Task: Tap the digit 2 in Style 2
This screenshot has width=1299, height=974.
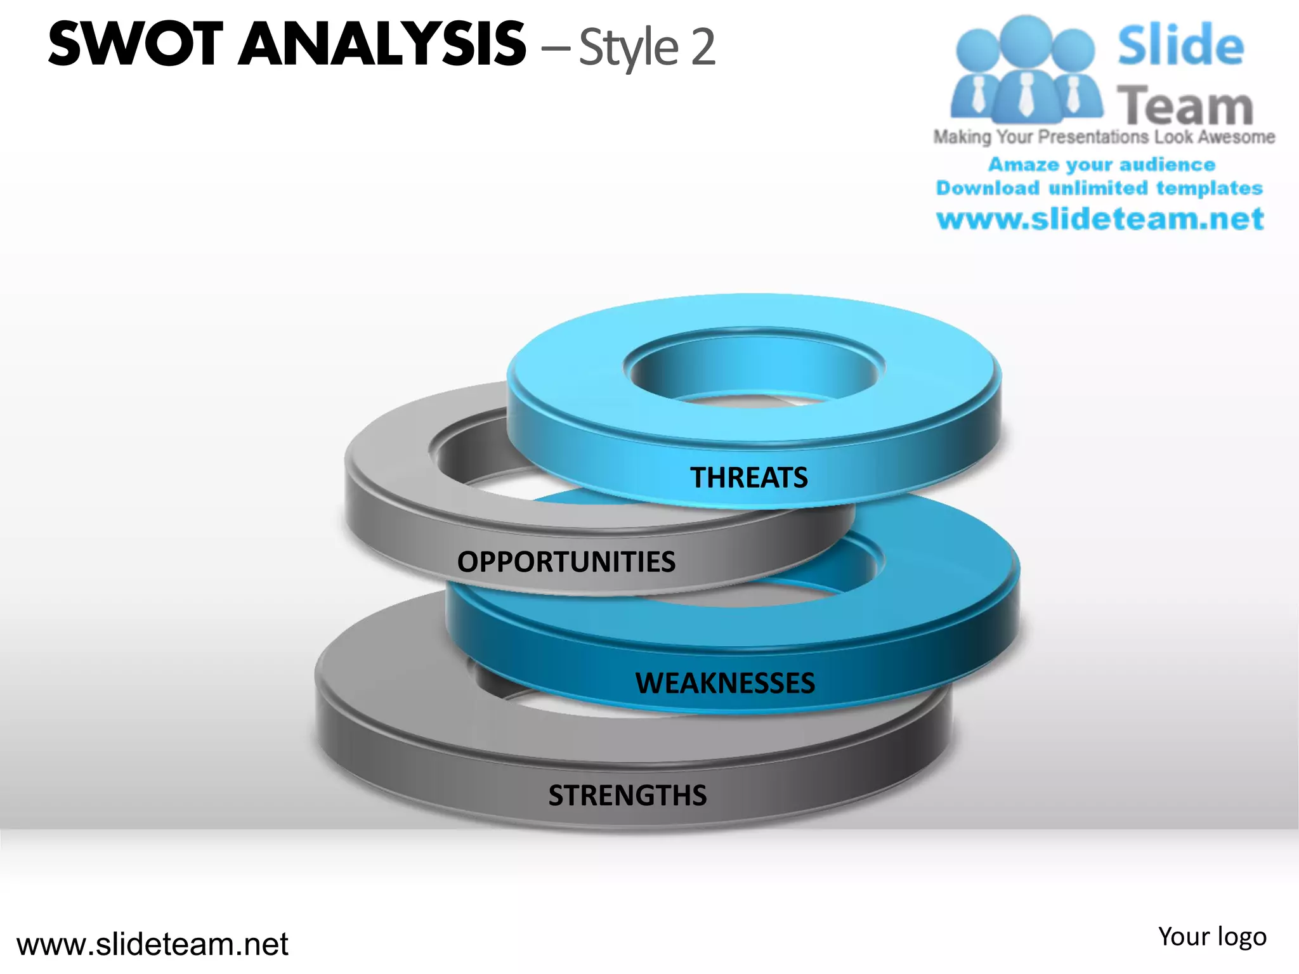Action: click(703, 47)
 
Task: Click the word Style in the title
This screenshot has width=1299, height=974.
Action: click(628, 48)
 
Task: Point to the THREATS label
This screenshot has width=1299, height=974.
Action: click(748, 477)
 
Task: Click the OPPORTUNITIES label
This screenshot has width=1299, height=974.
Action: click(566, 562)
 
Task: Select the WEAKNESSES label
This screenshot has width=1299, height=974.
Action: click(725, 683)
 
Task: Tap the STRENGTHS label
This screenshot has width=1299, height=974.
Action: click(627, 795)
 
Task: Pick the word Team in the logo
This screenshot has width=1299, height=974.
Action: click(1185, 105)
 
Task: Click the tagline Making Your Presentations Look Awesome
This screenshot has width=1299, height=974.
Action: click(1104, 137)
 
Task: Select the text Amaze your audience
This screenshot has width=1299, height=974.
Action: click(1102, 165)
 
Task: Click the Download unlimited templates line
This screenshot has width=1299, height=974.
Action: click(1099, 188)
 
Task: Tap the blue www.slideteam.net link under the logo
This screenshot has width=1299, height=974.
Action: click(1100, 219)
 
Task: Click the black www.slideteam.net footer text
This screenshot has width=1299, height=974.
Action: click(152, 944)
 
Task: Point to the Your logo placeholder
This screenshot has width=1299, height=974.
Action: click(1211, 937)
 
